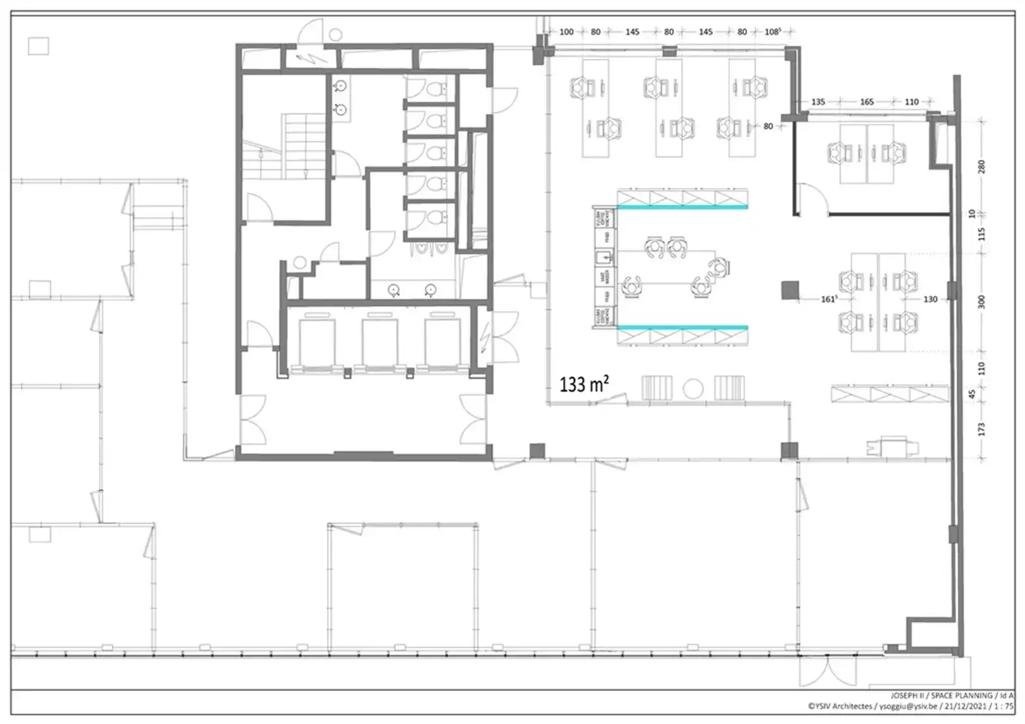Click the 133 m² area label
(x=583, y=384)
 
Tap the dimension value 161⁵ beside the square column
(x=829, y=299)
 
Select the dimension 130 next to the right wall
(x=929, y=299)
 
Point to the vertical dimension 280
(x=981, y=166)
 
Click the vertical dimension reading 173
(x=981, y=429)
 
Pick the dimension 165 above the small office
(x=866, y=101)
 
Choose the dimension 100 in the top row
(x=566, y=32)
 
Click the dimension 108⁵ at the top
(x=773, y=32)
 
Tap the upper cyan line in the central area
(x=682, y=206)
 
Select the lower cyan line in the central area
(x=682, y=327)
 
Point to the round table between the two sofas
(x=693, y=388)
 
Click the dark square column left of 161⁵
(x=790, y=290)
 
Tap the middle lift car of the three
(x=380, y=342)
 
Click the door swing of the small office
(x=813, y=197)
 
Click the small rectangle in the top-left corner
(x=39, y=46)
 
